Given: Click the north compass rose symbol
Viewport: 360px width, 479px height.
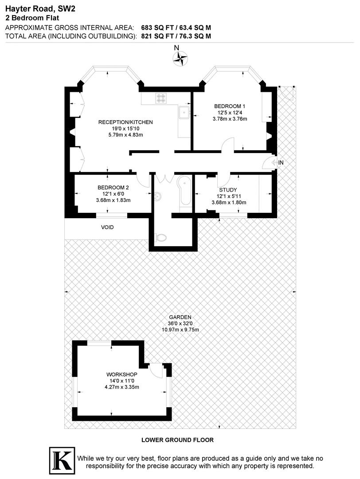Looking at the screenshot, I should pos(180,58).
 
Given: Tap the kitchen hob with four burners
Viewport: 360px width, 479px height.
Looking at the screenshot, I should pos(160,98).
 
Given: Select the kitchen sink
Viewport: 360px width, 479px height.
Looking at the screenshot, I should pos(183,113).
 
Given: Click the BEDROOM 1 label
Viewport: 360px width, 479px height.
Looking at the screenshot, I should pos(230,106).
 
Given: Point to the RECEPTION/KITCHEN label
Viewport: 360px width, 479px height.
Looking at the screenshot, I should pos(125,122).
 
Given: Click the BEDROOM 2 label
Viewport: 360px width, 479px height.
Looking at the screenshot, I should pos(113,188).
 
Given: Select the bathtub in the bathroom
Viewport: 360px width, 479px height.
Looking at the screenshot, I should pos(185,191).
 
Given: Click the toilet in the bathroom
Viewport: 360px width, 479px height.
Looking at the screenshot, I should pos(160,238).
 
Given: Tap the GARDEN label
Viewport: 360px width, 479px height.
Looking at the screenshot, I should pos(180,317).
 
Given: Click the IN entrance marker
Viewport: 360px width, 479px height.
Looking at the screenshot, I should pos(281,163).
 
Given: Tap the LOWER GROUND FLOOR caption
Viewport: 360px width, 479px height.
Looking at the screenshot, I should pos(177,440).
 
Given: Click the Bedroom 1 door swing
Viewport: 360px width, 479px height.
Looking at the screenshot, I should pos(228,145).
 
